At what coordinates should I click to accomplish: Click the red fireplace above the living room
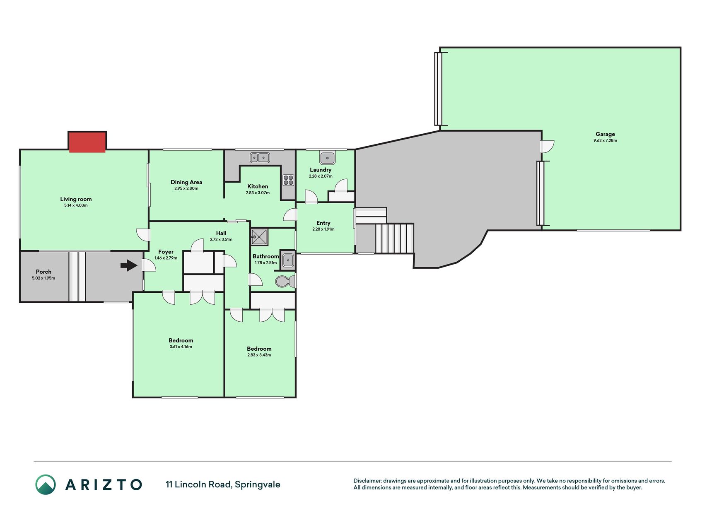[x=87, y=142]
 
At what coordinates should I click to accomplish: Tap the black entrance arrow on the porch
[x=129, y=265]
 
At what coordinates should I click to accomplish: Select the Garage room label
[x=605, y=134]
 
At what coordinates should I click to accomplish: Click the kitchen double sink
[x=260, y=157]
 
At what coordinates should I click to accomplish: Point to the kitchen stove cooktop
[x=288, y=180]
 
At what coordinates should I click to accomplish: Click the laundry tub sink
[x=327, y=158]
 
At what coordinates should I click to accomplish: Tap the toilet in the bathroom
[x=286, y=282]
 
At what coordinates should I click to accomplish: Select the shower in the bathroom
[x=259, y=237]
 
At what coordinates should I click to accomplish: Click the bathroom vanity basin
[x=288, y=260]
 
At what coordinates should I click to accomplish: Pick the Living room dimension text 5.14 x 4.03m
[x=76, y=205]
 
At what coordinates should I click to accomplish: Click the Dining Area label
[x=186, y=182]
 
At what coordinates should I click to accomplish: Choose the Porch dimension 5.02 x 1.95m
[x=43, y=278]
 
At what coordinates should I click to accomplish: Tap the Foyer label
[x=166, y=252]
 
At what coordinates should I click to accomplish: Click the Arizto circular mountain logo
[x=46, y=484]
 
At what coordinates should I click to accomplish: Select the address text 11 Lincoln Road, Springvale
[x=223, y=484]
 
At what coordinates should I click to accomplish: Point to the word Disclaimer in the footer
[x=367, y=481]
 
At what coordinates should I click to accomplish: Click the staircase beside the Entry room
[x=395, y=238]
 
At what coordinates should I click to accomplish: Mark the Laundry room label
[x=321, y=170]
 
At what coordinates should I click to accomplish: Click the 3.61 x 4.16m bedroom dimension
[x=181, y=347]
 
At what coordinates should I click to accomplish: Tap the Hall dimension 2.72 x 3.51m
[x=221, y=239]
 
